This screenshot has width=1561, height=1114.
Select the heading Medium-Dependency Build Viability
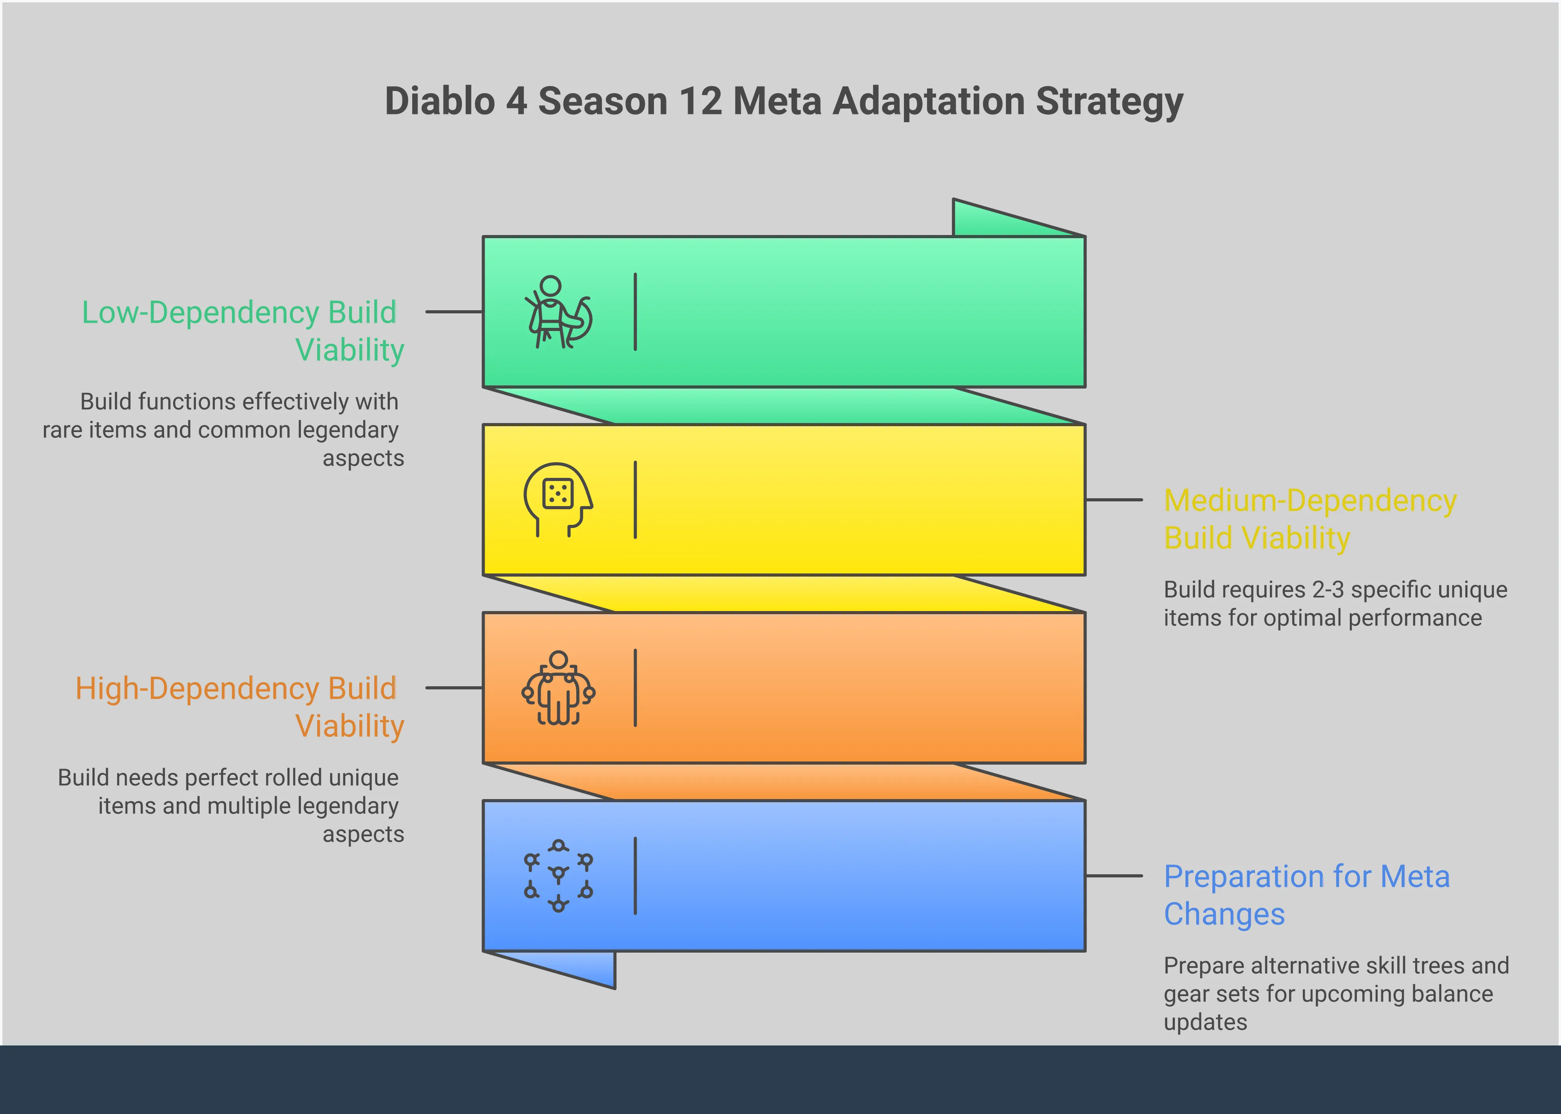[1309, 519]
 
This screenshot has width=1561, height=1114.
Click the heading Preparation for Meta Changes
[1306, 895]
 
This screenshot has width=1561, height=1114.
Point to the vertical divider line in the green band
[636, 312]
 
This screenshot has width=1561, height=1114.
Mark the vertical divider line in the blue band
[636, 875]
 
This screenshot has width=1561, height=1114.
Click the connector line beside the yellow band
[1114, 500]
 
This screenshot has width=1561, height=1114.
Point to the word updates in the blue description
[1205, 1022]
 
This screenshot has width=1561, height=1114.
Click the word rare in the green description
[62, 430]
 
